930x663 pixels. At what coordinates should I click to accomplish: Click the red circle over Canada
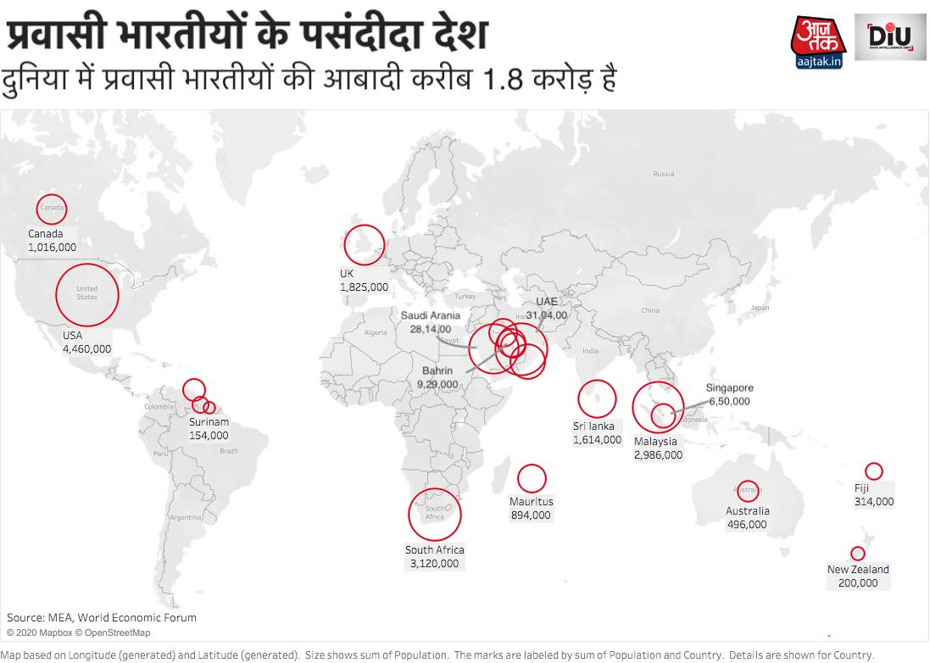52,209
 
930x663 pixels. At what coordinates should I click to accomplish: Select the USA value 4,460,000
86,348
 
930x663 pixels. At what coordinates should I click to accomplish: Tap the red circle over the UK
365,244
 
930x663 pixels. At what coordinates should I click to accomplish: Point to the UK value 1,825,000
365,287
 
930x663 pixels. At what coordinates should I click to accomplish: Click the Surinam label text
209,422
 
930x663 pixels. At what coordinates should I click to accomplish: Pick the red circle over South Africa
435,514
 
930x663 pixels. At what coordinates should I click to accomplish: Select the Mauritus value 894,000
530,515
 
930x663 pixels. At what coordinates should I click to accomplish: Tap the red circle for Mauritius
532,478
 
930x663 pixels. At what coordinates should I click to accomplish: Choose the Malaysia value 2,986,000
657,455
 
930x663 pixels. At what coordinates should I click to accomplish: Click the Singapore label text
730,388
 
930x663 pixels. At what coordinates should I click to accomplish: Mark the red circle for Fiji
873,471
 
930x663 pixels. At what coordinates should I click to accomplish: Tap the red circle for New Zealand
858,554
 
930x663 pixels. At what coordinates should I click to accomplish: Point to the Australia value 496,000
747,524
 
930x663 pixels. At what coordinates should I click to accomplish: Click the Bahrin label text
437,370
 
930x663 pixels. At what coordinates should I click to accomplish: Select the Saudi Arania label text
431,315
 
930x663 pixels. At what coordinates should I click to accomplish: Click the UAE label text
547,302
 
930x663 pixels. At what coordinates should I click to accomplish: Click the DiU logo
889,37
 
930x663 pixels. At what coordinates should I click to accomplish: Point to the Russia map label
664,174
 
